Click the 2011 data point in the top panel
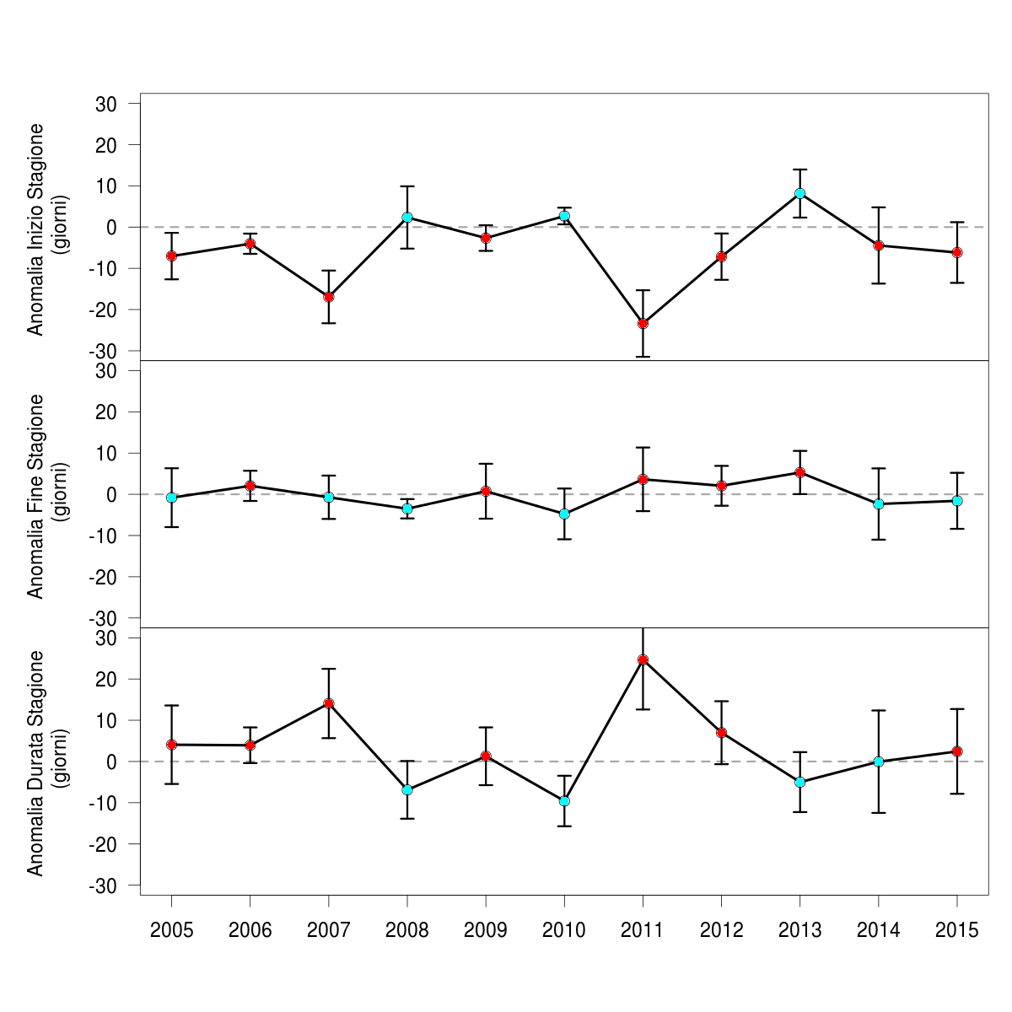click(x=643, y=323)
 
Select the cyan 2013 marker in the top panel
click(x=799, y=193)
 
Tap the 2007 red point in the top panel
click(x=329, y=297)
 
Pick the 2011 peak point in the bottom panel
click(x=643, y=659)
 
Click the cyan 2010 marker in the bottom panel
click(x=564, y=800)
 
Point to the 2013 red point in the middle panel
click(x=799, y=472)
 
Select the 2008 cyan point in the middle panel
click(x=407, y=509)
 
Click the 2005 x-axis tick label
click(x=171, y=930)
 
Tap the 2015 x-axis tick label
click(x=957, y=930)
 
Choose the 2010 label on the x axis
click(x=564, y=930)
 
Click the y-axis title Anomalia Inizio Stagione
click(x=35, y=229)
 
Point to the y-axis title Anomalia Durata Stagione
click(x=35, y=762)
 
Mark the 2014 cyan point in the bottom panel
click(x=879, y=762)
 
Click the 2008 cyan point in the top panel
click(x=407, y=217)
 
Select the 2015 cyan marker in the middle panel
click(x=957, y=501)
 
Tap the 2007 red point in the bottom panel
click(x=329, y=703)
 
